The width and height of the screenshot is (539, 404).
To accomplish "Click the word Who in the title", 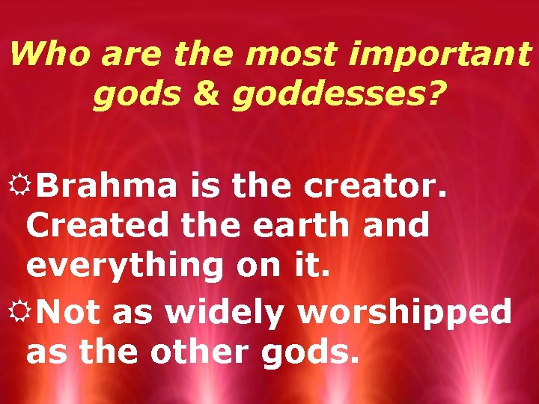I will tap(46, 54).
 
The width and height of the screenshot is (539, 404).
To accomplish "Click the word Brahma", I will tap(106, 185).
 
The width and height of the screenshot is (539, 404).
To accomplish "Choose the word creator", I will tap(376, 185).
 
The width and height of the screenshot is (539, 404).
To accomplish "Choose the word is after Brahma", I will tap(202, 185).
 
